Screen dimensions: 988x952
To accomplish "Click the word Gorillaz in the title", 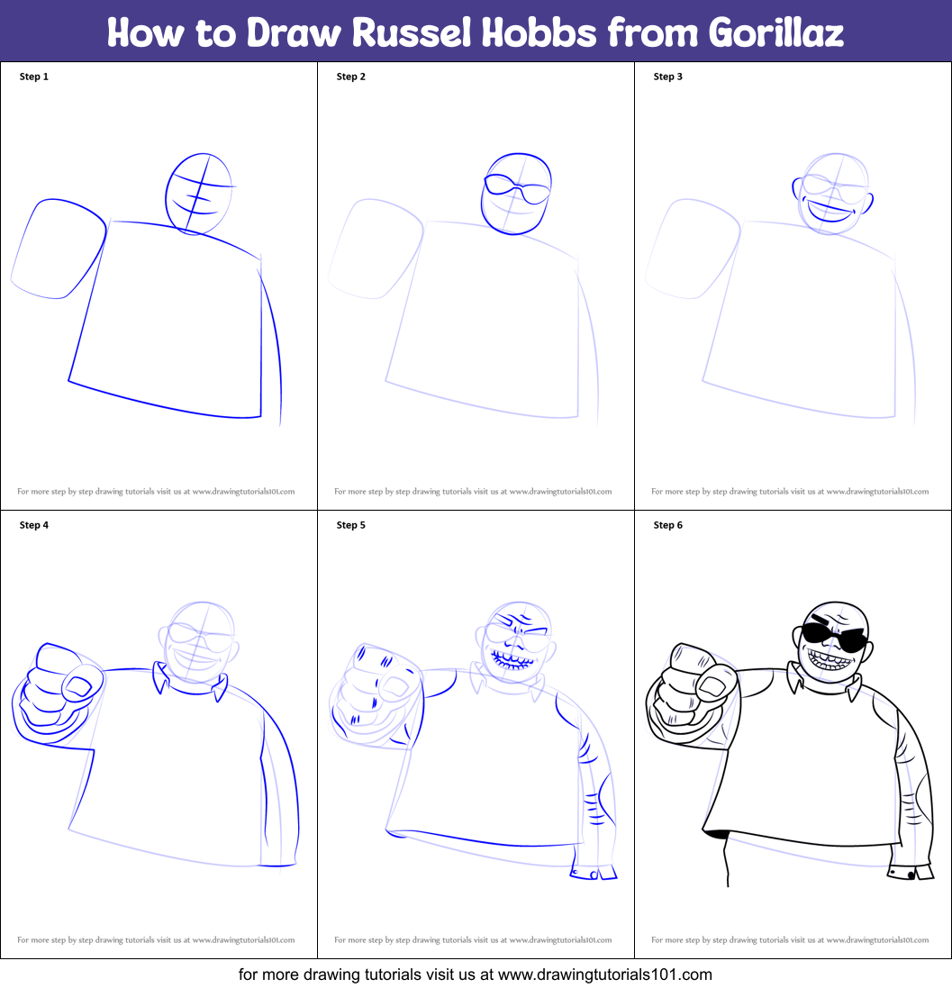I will (775, 32).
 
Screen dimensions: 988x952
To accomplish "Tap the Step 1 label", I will (34, 77).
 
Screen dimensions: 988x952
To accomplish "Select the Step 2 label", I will (351, 77).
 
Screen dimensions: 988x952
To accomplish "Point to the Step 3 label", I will (668, 77).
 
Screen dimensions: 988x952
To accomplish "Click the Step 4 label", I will (34, 525).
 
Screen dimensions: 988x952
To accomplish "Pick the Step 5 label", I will (351, 525).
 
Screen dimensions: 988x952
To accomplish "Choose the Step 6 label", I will (668, 525).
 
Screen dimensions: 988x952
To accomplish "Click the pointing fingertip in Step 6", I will (714, 687).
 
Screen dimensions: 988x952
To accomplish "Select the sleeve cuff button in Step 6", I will (911, 875).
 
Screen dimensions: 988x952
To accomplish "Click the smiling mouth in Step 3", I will (831, 214).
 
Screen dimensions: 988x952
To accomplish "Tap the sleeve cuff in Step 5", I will (594, 873).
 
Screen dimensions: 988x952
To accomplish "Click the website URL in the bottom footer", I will (604, 974).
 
